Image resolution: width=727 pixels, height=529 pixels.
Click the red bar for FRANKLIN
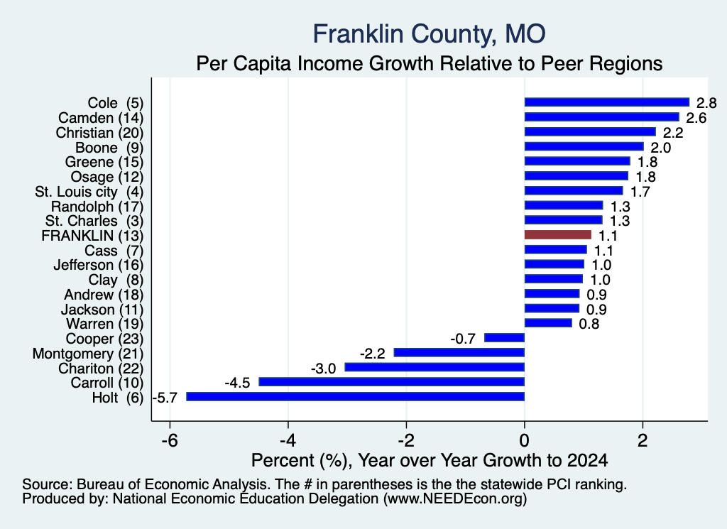point(558,234)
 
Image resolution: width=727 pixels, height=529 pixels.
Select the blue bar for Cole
point(607,102)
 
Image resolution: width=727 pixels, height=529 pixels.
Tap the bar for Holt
point(355,396)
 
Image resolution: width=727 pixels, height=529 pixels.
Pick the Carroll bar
point(391,381)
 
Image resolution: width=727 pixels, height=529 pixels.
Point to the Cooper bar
point(505,337)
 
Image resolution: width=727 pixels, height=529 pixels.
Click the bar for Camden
point(602,117)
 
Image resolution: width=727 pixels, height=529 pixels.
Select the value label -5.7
point(165,398)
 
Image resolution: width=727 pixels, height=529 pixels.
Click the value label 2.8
point(706,103)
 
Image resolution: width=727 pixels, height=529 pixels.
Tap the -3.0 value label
point(323,369)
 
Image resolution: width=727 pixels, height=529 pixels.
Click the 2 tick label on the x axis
point(643,440)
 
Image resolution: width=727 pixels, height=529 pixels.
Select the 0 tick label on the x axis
point(525,440)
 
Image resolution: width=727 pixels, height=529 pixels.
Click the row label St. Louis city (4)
point(89,192)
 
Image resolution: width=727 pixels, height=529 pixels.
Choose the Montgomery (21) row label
point(88,354)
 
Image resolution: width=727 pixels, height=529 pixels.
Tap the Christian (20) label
point(99,133)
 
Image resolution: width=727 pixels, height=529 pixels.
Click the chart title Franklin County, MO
point(429,34)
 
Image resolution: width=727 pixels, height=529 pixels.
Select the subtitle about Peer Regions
point(430,63)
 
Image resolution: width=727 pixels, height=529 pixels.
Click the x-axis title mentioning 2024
point(430,460)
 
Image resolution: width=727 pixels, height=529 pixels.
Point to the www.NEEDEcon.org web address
point(455,498)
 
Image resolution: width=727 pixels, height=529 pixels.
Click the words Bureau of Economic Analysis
point(172,484)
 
